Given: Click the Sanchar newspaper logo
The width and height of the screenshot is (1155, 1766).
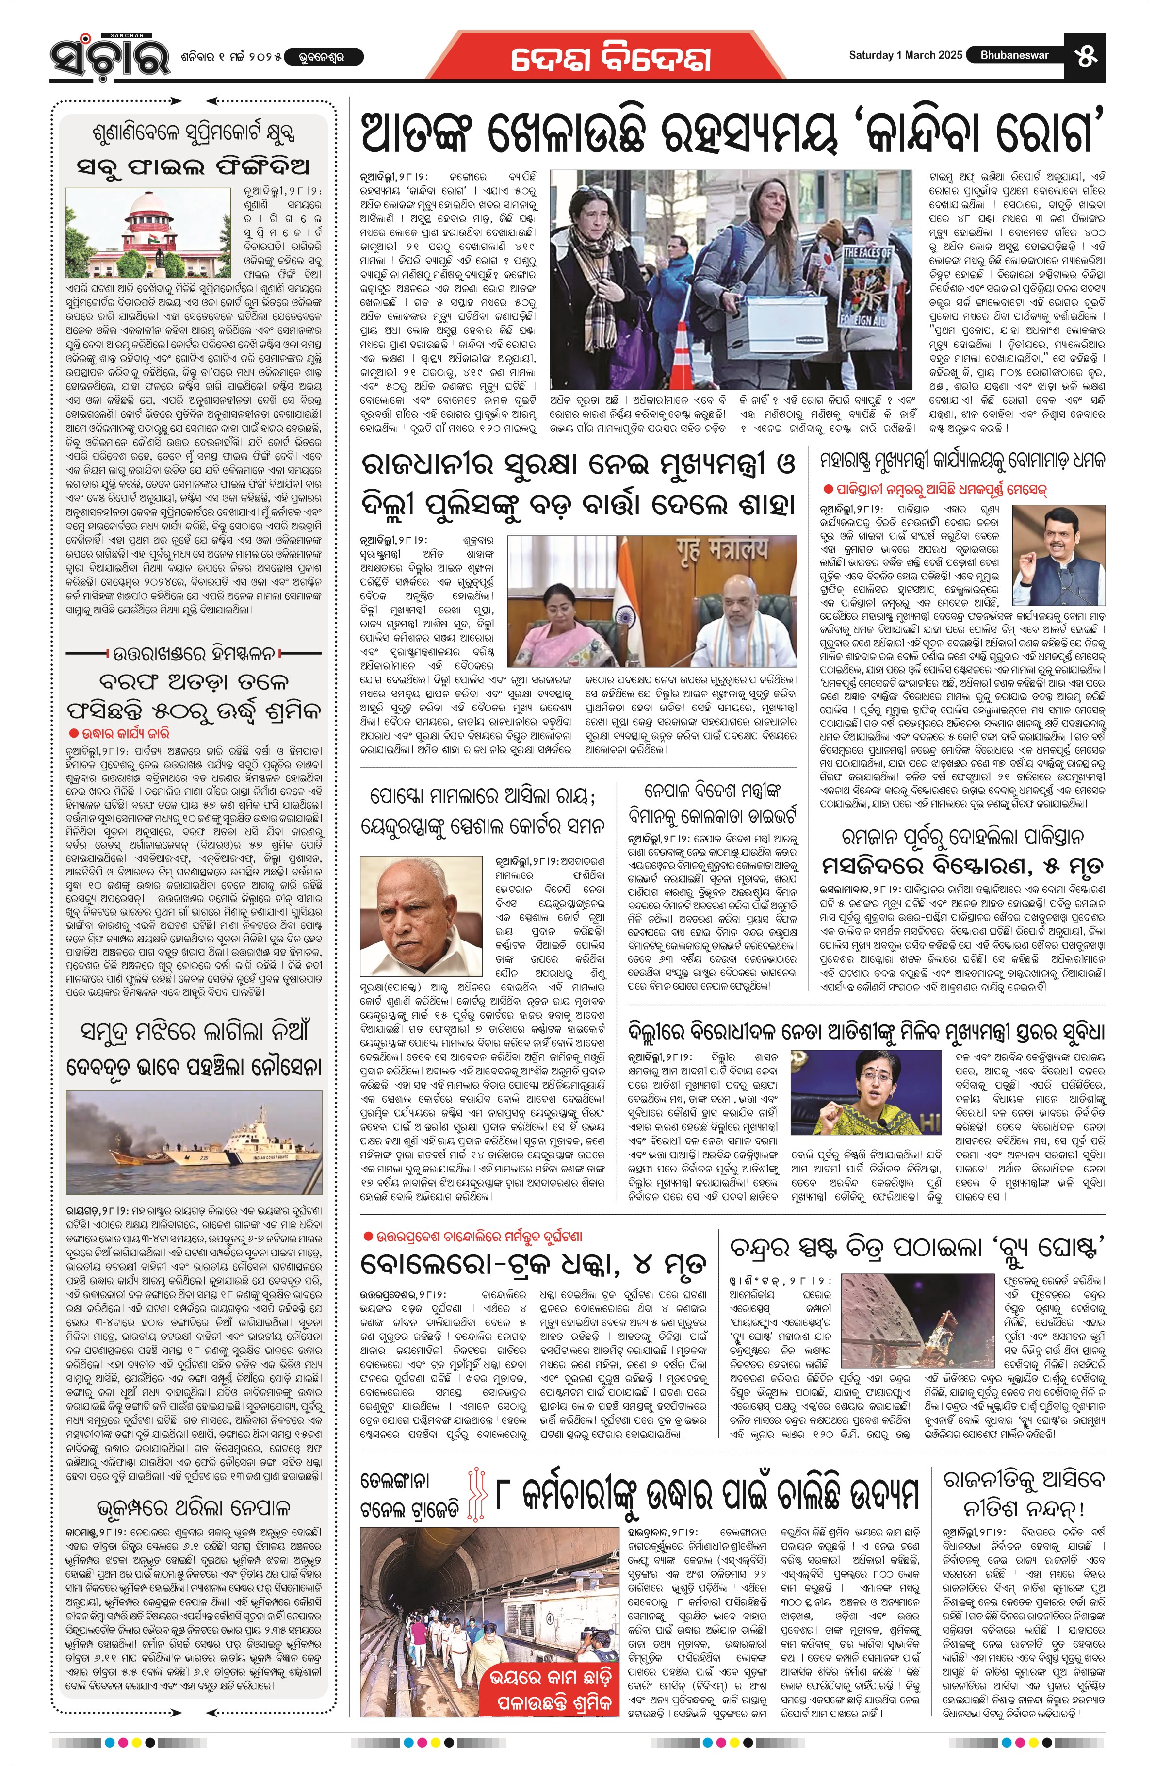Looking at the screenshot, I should point(110,56).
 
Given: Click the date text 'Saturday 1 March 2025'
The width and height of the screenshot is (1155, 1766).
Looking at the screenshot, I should point(905,55).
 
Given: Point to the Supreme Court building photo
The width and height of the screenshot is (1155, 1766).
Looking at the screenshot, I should point(149,232).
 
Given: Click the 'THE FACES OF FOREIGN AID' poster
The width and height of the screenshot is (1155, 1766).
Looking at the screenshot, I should point(869,287).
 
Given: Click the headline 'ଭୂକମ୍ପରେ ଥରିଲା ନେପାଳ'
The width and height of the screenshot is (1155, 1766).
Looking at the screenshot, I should point(194,1508).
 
